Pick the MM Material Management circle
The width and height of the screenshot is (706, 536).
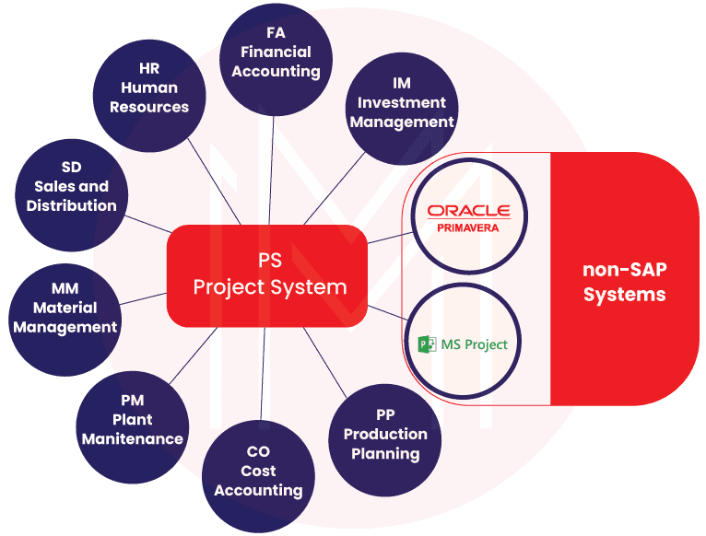(65, 308)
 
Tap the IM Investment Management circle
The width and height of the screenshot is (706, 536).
(401, 106)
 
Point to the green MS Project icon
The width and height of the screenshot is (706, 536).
(427, 344)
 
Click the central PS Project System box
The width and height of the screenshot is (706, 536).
(269, 274)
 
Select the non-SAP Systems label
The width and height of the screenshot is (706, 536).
(624, 282)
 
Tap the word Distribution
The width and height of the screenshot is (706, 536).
(72, 205)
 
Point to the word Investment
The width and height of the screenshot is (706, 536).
(401, 102)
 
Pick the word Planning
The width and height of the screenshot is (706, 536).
(385, 453)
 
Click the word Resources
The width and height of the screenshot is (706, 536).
(149, 106)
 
